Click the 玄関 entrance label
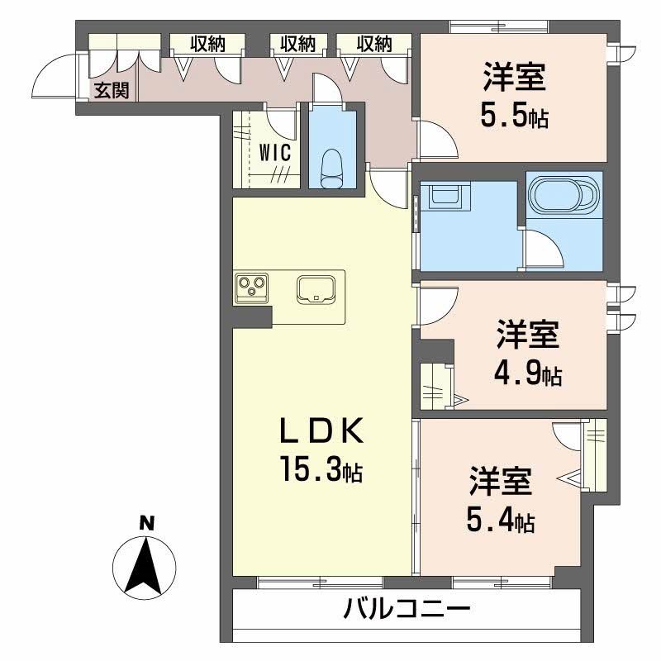110,91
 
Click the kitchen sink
316,288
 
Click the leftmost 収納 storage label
205,44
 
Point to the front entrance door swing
51,78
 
